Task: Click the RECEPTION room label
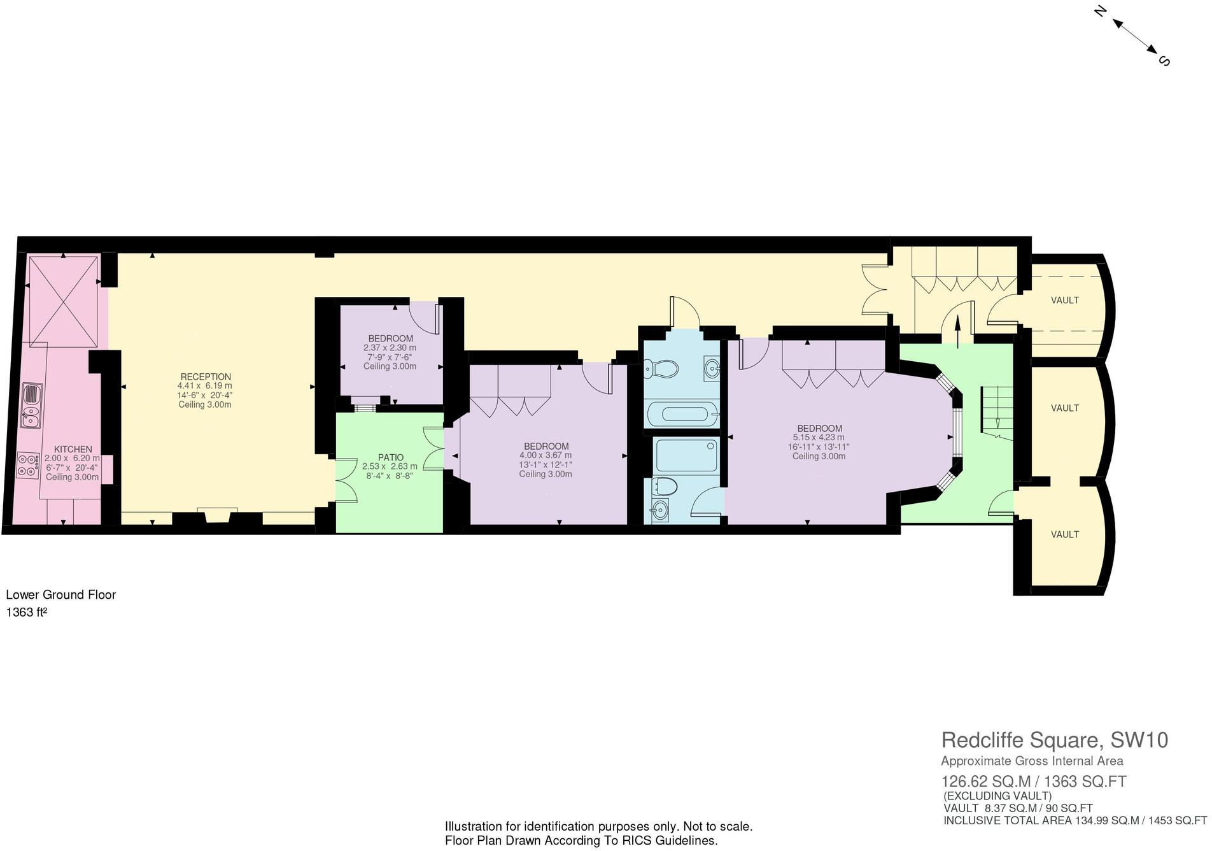click(205, 376)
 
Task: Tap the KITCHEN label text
click(73, 449)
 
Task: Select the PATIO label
click(390, 457)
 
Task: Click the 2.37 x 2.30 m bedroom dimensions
click(390, 348)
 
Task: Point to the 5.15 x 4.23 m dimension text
click(818, 438)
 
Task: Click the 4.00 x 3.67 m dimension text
click(545, 455)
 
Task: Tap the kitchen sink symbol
click(31, 406)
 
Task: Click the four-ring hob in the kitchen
click(27, 464)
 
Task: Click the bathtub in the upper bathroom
click(682, 414)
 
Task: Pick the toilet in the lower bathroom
click(665, 487)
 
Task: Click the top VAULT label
click(1064, 300)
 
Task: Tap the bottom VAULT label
click(1064, 534)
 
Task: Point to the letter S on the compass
click(1164, 61)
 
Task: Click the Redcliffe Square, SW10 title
click(1054, 740)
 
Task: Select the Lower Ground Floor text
click(61, 595)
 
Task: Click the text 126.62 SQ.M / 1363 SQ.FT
click(1033, 782)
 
